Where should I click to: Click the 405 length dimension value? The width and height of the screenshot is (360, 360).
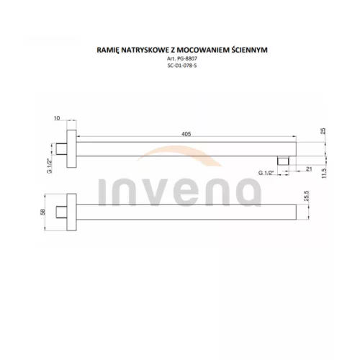(x=186, y=134)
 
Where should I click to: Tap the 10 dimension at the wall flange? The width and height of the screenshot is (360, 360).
(x=57, y=118)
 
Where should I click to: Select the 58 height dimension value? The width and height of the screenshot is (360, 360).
(x=42, y=212)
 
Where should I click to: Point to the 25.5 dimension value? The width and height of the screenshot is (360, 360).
(x=307, y=196)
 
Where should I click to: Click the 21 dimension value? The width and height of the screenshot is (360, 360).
(x=309, y=169)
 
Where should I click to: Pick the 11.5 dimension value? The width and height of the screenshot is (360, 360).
(x=324, y=173)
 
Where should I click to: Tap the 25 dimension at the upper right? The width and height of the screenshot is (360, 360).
(x=323, y=131)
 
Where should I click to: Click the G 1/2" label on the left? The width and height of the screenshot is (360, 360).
(x=50, y=166)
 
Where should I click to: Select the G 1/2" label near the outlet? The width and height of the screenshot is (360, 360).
(x=266, y=173)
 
